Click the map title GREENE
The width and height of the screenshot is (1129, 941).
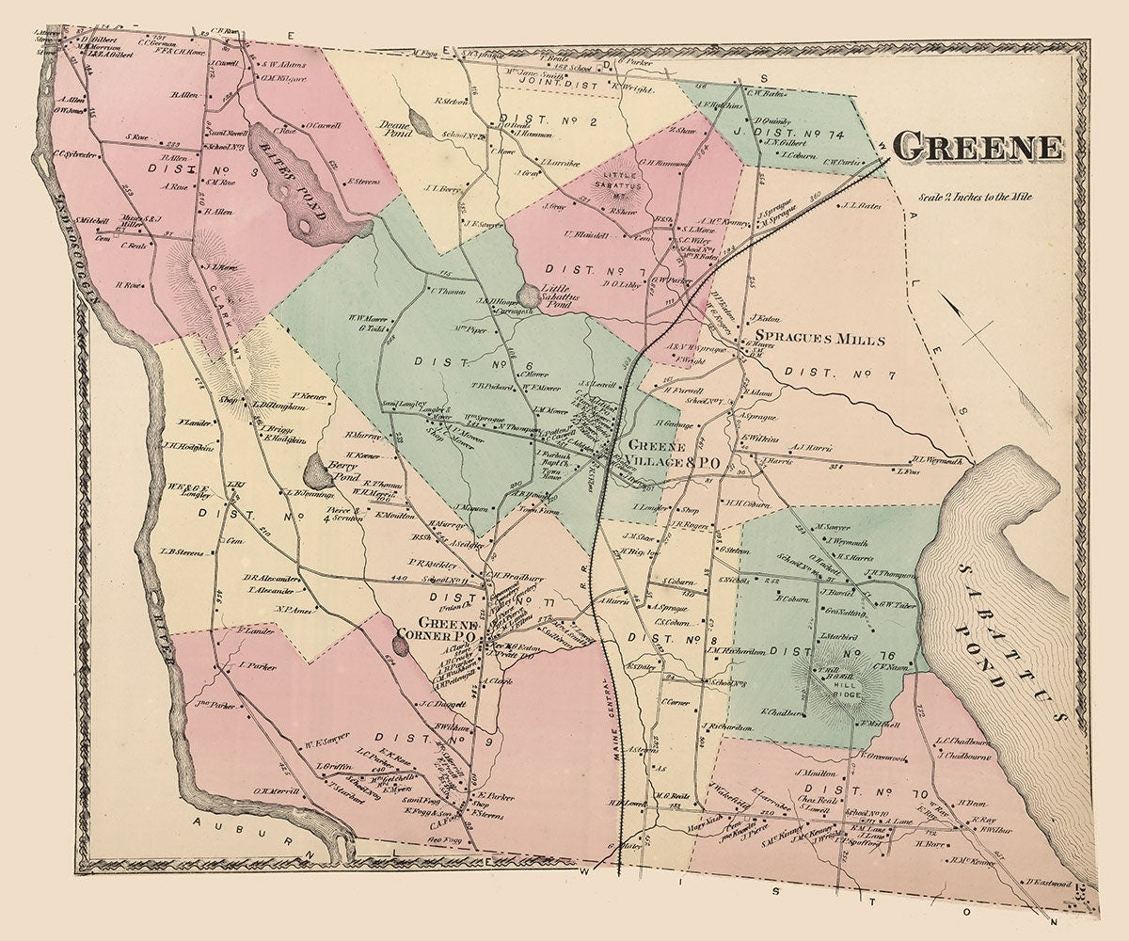click(x=978, y=147)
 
